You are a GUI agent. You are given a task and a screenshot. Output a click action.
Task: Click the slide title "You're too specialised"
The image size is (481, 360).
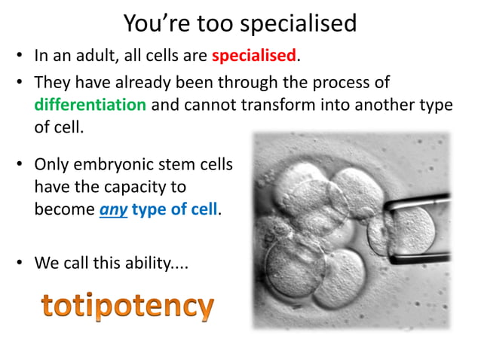tap(240, 23)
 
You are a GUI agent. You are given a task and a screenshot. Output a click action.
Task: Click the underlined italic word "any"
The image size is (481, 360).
tap(113, 209)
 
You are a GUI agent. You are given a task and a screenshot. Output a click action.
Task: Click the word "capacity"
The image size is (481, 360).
tap(152, 187)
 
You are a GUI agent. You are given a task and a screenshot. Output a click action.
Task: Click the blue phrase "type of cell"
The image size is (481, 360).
tap(175, 209)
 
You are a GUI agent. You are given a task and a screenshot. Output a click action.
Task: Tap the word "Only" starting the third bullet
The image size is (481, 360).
tap(51, 164)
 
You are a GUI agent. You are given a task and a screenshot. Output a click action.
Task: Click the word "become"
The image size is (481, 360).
tap(65, 209)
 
